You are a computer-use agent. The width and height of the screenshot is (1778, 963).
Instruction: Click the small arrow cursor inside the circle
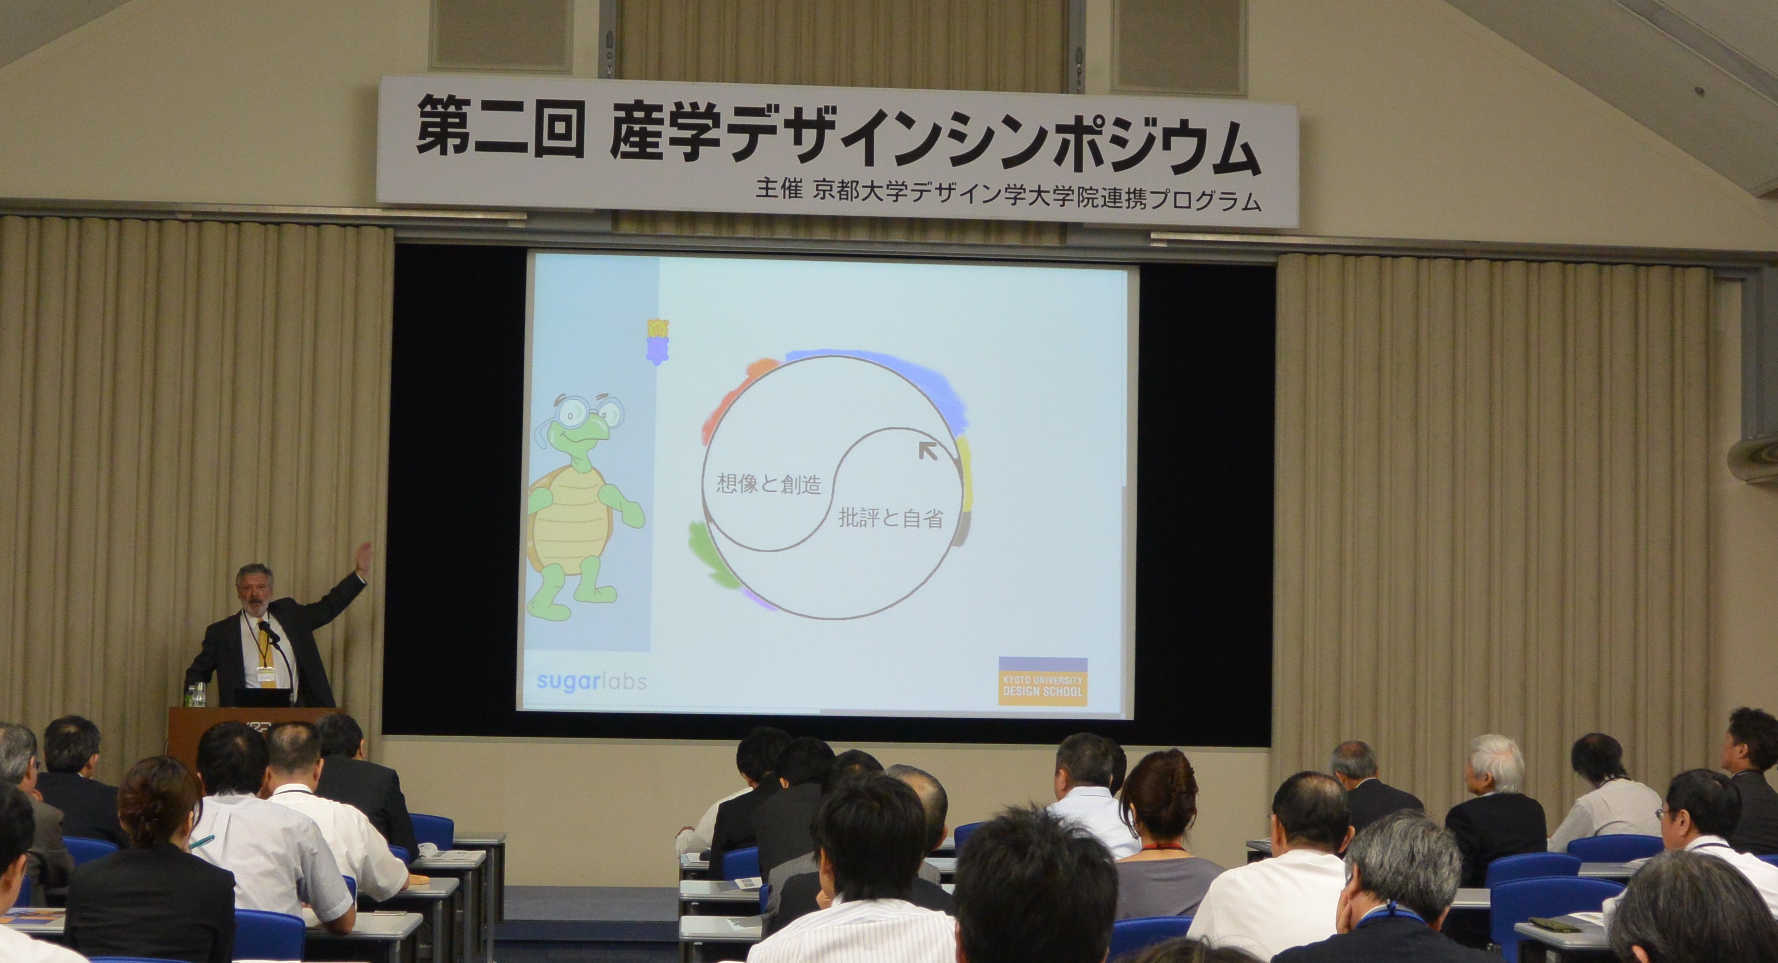tap(928, 452)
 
